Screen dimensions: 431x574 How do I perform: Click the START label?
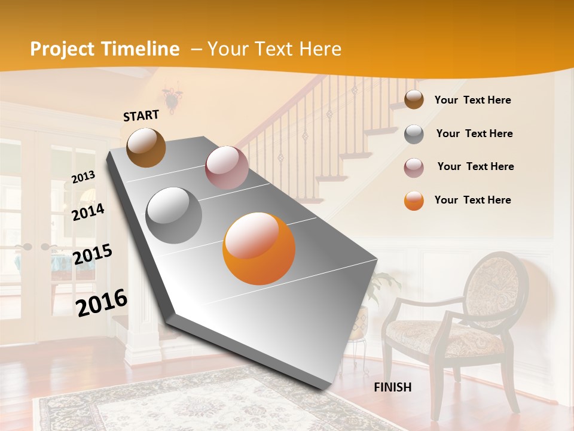tap(141, 116)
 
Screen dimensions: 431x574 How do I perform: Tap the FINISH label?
tap(393, 387)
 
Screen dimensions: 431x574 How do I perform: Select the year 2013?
tap(83, 177)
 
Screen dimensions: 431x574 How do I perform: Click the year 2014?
tap(88, 212)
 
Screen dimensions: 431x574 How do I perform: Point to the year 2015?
tap(93, 254)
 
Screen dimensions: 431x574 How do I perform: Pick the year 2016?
tap(102, 302)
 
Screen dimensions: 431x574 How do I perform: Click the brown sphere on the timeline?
tap(146, 147)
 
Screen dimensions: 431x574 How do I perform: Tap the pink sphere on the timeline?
tap(226, 167)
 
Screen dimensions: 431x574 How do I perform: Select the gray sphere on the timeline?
tap(174, 215)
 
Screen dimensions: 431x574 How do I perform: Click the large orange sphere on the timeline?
tap(259, 248)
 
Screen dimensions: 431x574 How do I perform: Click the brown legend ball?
tap(414, 100)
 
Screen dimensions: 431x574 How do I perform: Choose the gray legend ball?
tap(414, 134)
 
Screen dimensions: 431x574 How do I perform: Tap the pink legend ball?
tap(414, 167)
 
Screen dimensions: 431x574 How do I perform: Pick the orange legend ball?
tap(414, 201)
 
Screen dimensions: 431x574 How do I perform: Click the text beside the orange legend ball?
tap(472, 200)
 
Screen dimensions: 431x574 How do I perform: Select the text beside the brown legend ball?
tap(472, 100)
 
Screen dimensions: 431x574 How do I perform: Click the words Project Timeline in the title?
tap(105, 49)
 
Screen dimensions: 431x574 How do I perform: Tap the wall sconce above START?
tap(172, 98)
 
